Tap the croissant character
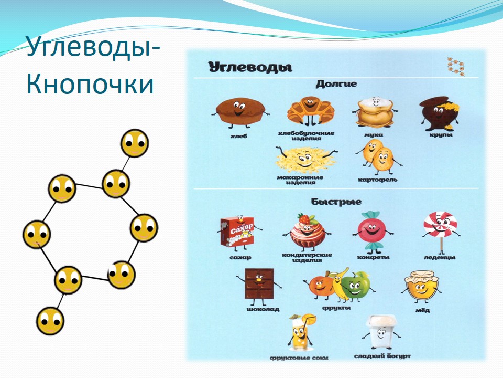pos(310,111)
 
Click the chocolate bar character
pos(259,286)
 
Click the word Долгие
pos(336,84)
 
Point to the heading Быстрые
pos(336,202)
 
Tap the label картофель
pos(378,180)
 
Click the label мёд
pos(422,310)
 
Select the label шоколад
pos(263,310)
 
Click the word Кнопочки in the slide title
pos(90,84)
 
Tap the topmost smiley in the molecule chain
pos(135,143)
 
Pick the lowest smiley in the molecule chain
pos(50,321)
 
